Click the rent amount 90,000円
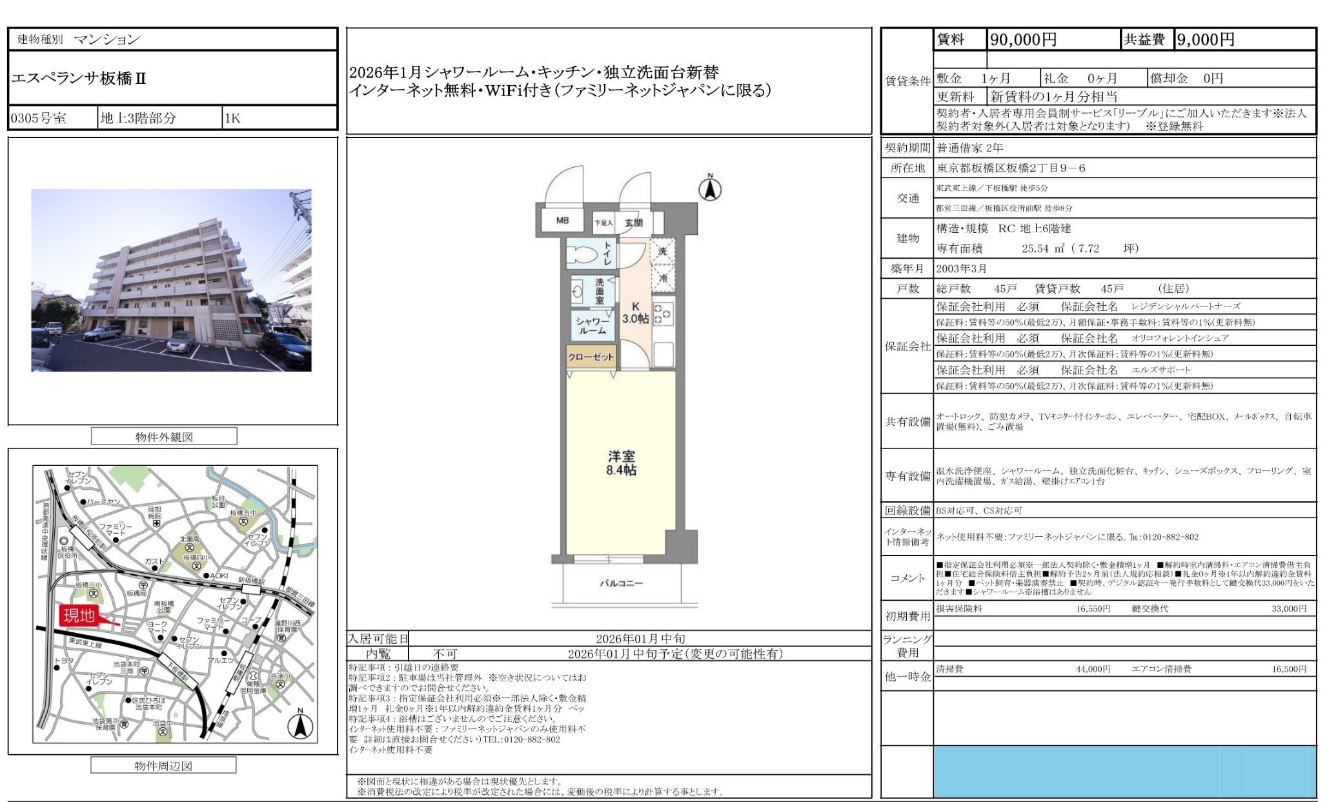click(1023, 40)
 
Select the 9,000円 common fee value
click(1205, 40)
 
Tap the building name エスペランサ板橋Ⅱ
click(79, 79)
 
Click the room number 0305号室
click(39, 118)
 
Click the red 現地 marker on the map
click(79, 615)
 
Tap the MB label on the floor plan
click(562, 221)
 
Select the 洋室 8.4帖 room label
click(621, 463)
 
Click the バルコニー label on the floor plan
click(621, 583)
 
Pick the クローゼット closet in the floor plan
click(591, 357)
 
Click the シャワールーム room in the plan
click(592, 325)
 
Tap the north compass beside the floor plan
click(710, 188)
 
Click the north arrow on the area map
click(300, 725)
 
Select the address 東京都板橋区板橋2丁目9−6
click(1011, 168)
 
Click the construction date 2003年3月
click(961, 268)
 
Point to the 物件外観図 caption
click(164, 437)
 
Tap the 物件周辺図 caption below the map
click(163, 766)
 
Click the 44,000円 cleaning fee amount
click(1093, 669)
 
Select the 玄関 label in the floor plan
click(633, 223)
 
